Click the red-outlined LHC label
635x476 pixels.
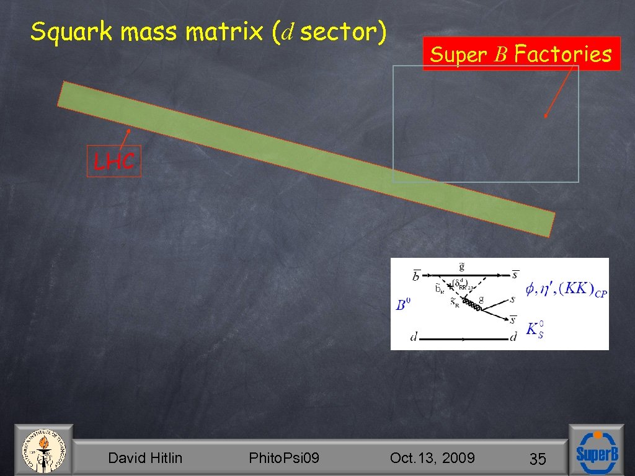point(114,162)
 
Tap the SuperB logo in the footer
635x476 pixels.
point(597,452)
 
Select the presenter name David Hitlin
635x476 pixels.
point(145,458)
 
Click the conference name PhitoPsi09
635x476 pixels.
point(284,458)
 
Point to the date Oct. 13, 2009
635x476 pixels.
point(432,458)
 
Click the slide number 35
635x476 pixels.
point(537,459)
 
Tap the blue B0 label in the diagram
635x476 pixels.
point(404,305)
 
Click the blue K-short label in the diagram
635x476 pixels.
point(535,329)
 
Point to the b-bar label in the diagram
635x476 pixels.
point(416,275)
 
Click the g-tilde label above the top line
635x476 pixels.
point(461,267)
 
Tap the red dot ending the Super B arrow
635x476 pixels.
point(545,116)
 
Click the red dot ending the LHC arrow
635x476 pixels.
point(128,130)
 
